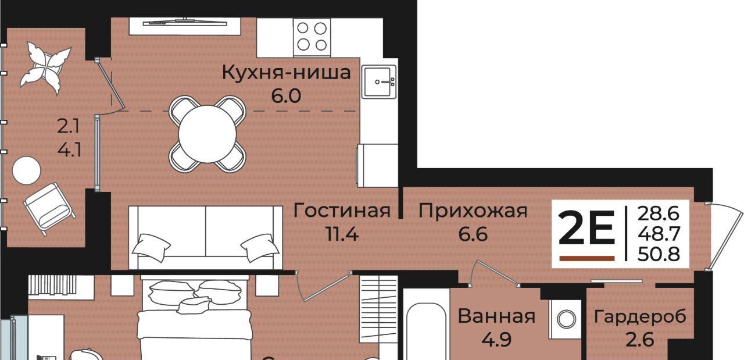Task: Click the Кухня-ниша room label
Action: pos(287,73)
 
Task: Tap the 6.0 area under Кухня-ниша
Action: pos(286,96)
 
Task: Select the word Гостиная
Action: pos(342,211)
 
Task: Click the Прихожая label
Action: pos(473,211)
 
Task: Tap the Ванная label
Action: pos(496,316)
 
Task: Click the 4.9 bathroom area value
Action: pos(496,340)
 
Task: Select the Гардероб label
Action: pos(640,316)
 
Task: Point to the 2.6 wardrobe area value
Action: pos(640,340)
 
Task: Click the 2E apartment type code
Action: pos(586,229)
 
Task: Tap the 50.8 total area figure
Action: pos(659,254)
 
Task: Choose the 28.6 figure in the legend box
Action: pos(658,214)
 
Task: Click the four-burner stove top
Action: pos(312,37)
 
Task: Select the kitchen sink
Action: pos(379,82)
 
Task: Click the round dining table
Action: pos(208,134)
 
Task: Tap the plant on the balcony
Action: pos(45,68)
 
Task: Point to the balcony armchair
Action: pos(50,209)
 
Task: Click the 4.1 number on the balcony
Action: pos(69,151)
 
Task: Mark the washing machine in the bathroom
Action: pos(565,319)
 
